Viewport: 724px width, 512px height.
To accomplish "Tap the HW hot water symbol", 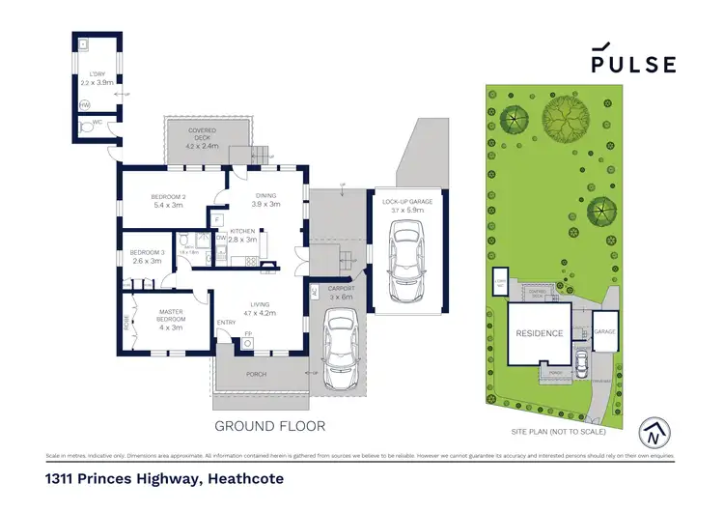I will (x=85, y=104).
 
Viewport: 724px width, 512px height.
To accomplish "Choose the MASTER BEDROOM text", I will (x=170, y=315).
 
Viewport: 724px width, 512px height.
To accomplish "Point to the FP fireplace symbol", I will (x=248, y=335).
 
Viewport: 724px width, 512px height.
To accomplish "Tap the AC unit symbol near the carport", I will (x=314, y=292).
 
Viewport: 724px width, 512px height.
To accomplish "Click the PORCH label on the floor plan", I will (x=257, y=373).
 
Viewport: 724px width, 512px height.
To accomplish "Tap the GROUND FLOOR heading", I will (x=269, y=425).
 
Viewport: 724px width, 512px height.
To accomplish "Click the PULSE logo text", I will (x=633, y=65).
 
